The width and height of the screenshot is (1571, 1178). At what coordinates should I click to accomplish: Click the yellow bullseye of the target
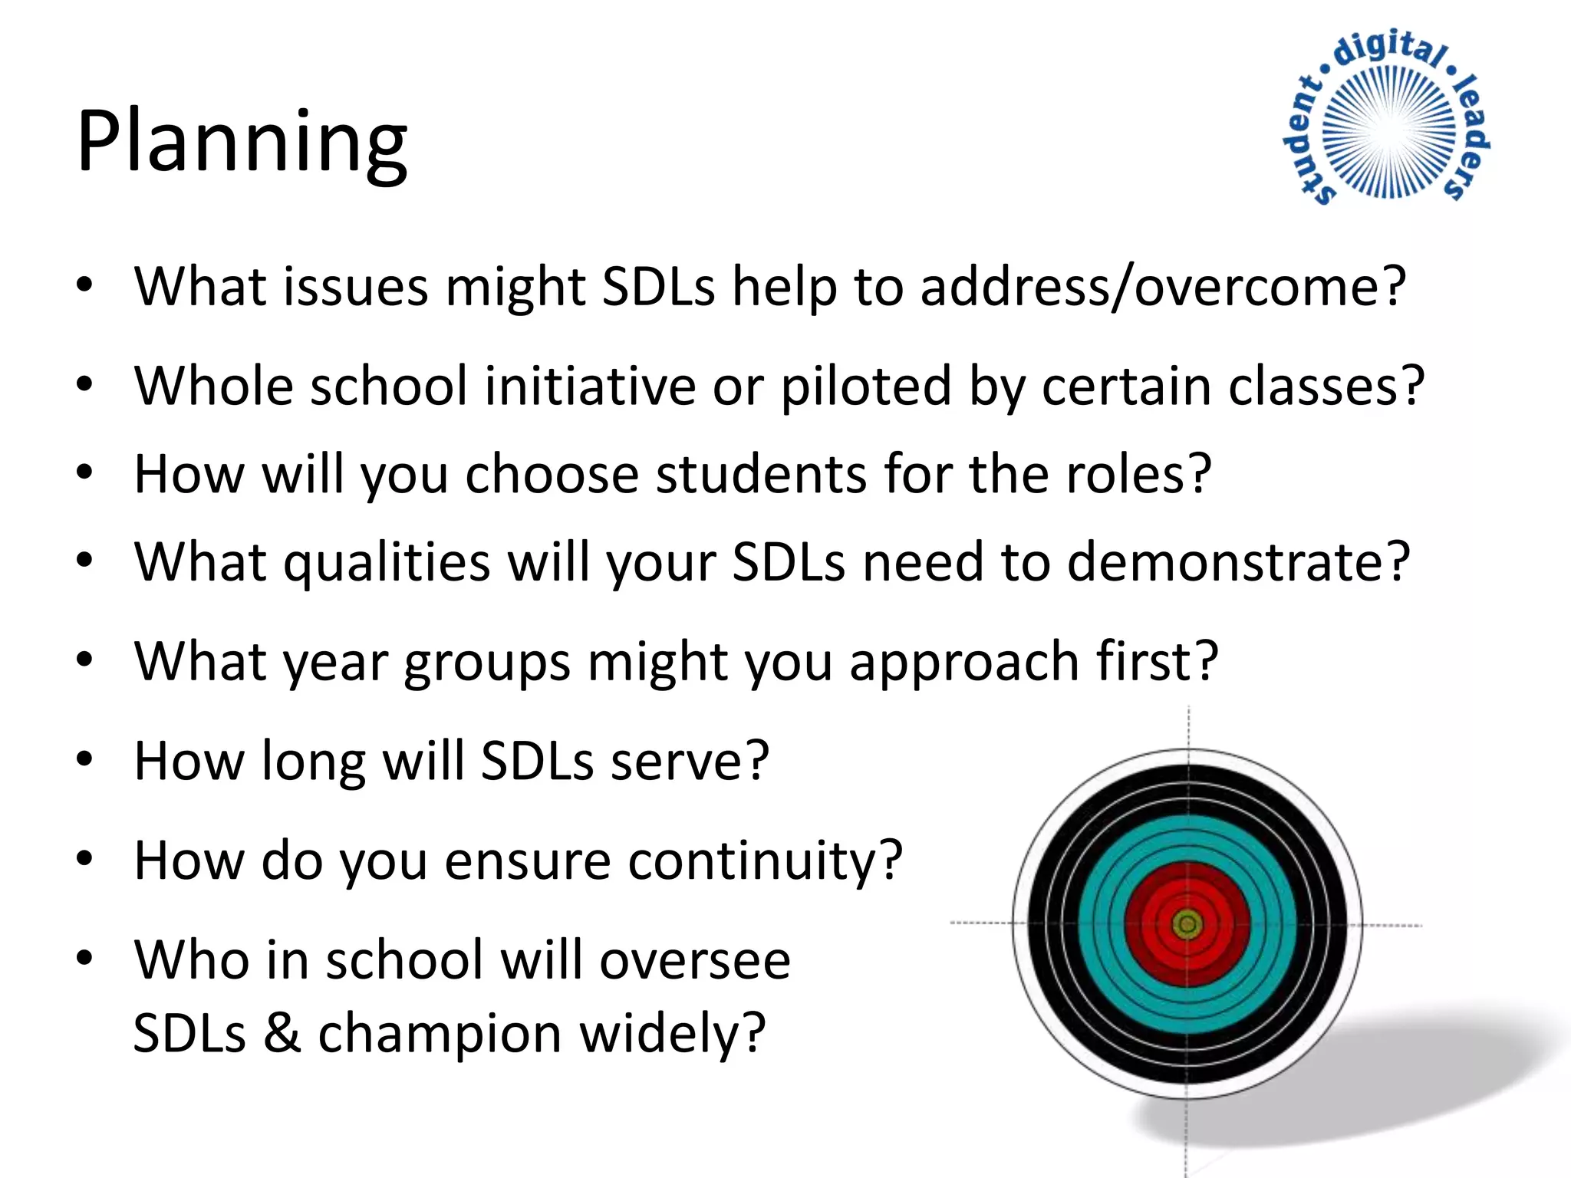click(x=1187, y=924)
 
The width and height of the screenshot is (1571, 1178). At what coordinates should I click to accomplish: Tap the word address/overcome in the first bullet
click(x=1161, y=287)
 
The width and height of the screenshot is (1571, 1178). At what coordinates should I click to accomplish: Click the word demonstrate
click(x=1238, y=562)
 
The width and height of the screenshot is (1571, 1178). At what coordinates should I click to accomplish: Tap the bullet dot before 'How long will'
click(x=84, y=759)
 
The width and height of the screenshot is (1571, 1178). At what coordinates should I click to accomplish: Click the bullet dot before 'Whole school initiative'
click(x=84, y=384)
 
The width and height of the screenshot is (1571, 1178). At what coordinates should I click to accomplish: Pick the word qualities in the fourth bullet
click(x=387, y=562)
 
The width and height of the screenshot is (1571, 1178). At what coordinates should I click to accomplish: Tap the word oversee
click(x=694, y=960)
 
